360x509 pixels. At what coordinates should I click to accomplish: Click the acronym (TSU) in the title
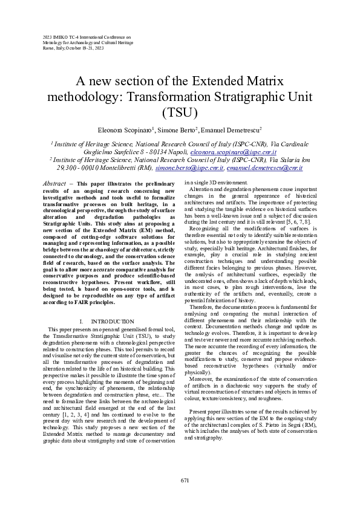click(x=180, y=112)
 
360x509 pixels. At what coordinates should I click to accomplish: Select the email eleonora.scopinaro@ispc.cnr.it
click(x=229, y=153)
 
